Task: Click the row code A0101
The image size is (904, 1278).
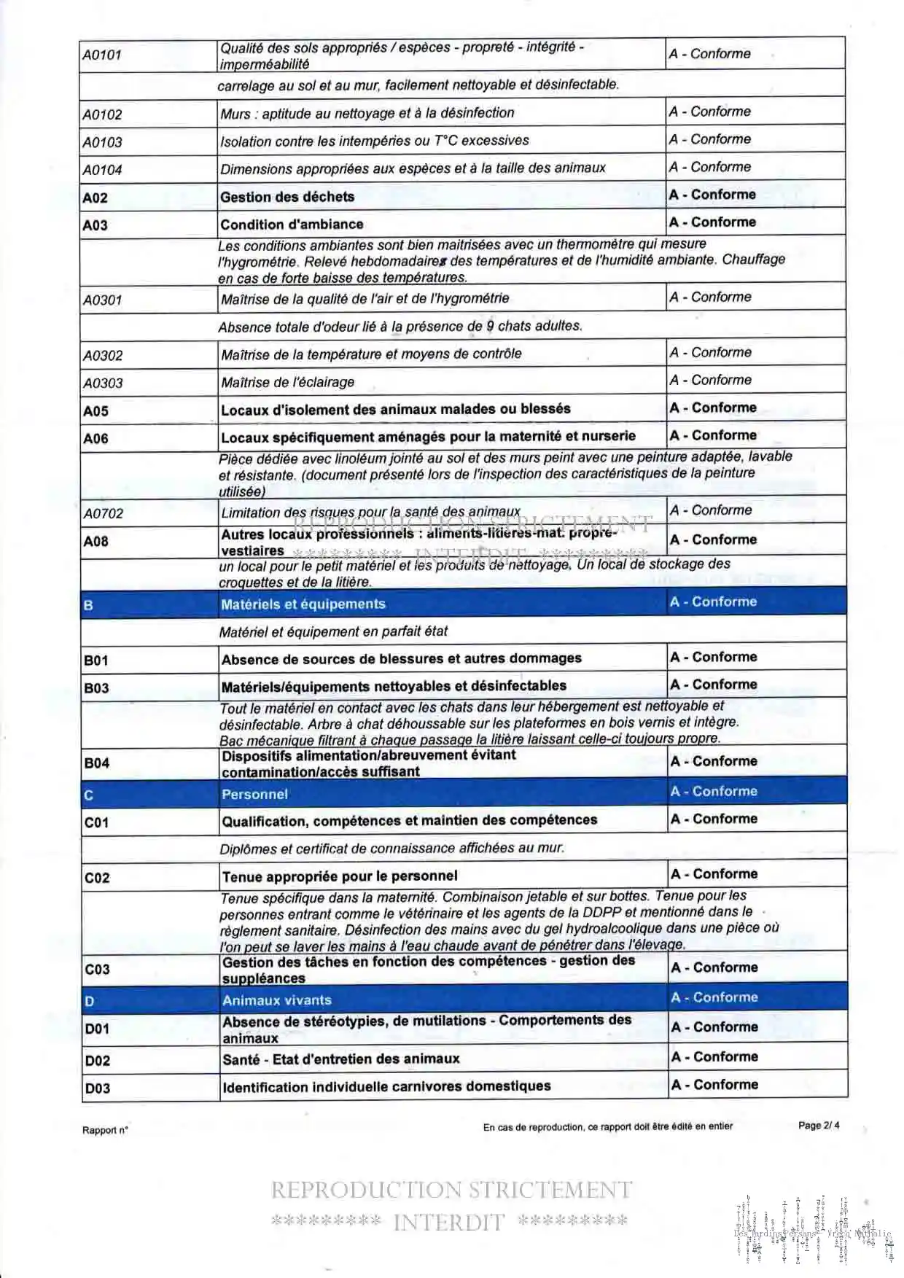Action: pos(102,55)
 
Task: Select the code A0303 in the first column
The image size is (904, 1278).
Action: pos(103,383)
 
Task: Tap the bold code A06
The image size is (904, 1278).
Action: pos(96,438)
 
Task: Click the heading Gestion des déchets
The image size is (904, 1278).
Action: pos(287,197)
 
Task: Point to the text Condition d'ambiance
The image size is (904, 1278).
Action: pos(292,225)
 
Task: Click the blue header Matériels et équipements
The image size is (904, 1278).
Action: pos(303,604)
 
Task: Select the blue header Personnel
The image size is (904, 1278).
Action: pos(254,795)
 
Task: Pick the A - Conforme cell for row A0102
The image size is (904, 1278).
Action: pos(710,112)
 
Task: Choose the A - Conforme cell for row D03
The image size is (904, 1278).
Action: pos(714,1085)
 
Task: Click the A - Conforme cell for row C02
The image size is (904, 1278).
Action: pos(714,874)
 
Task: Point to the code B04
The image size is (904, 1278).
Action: pos(97,763)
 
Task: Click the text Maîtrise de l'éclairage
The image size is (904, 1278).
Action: pos(287,382)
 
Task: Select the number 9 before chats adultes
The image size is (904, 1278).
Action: pos(491,326)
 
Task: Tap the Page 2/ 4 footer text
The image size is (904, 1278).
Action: pos(818,1125)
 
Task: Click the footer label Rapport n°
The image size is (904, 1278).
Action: pos(105,1130)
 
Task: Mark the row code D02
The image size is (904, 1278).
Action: pos(98,1061)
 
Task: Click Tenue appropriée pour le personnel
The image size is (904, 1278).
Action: pos(340,876)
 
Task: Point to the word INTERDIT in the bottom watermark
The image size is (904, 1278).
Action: pos(448,1223)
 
